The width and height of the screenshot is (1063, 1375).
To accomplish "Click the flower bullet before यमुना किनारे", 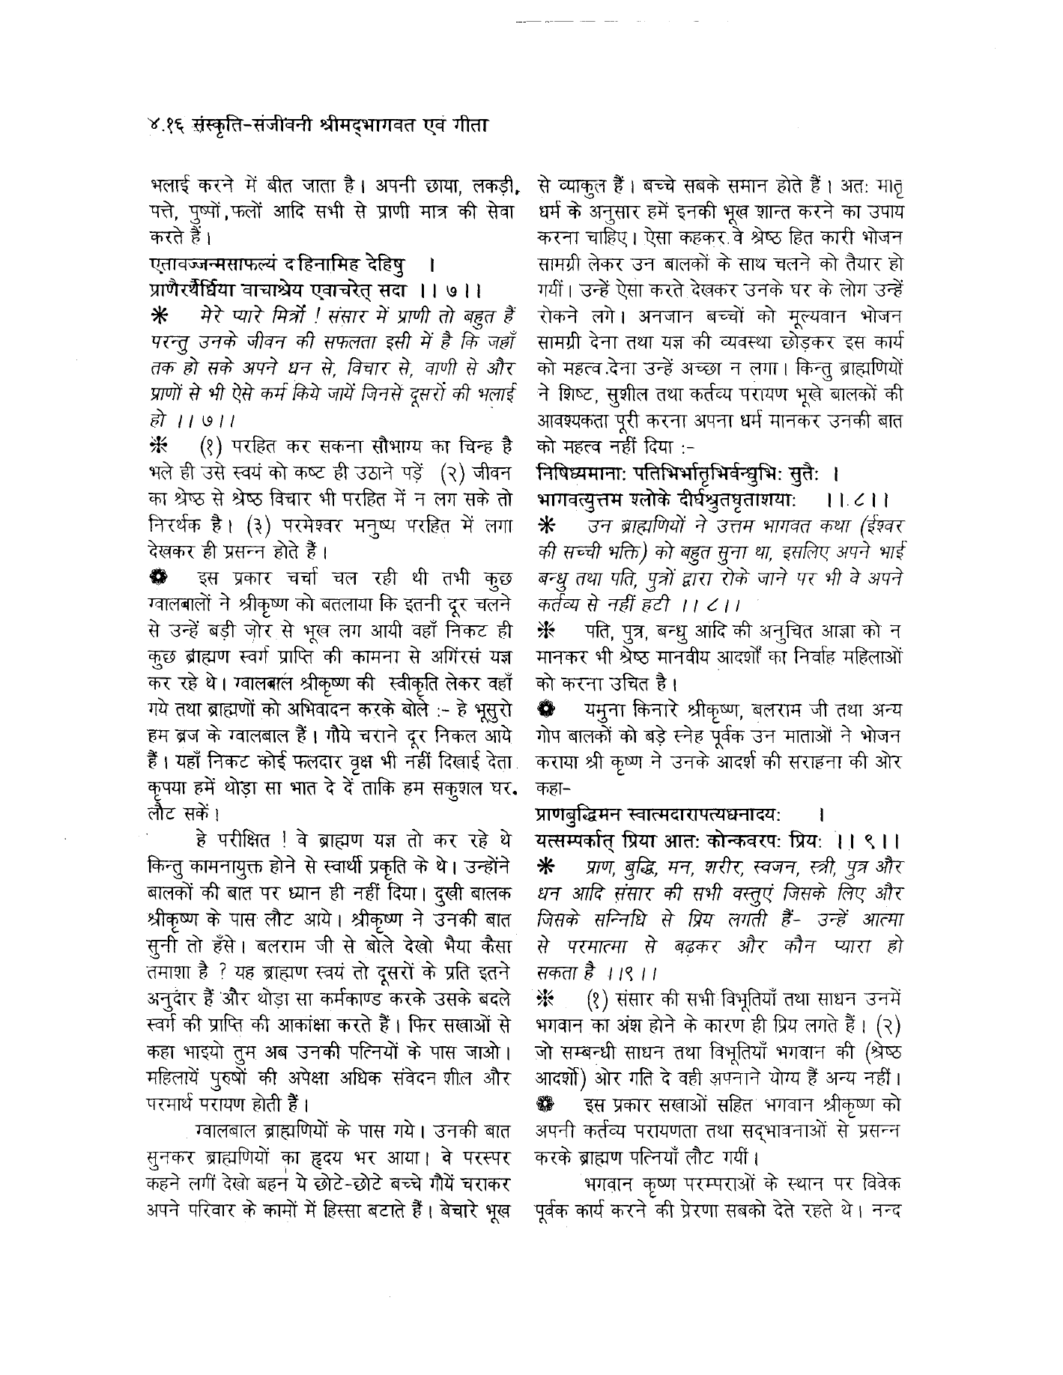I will click(547, 708).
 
